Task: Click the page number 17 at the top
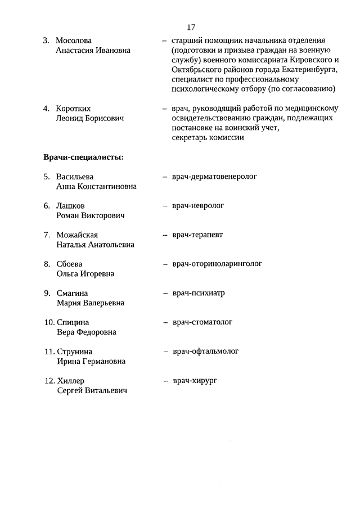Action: click(x=191, y=27)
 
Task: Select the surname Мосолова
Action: click(x=74, y=40)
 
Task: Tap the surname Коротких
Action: click(x=73, y=109)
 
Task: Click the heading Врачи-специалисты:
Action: click(x=83, y=157)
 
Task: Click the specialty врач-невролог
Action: click(x=198, y=206)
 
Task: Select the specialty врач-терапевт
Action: click(x=198, y=235)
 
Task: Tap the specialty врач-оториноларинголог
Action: click(x=217, y=264)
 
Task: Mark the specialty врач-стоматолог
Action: click(x=202, y=322)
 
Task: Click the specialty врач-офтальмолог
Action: click(x=205, y=352)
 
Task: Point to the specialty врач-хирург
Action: click(x=195, y=381)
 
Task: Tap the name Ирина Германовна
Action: click(x=91, y=362)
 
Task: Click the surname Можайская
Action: click(x=77, y=235)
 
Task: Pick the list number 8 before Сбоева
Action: click(x=47, y=264)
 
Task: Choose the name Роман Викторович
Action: click(x=91, y=215)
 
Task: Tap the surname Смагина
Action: click(x=73, y=294)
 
